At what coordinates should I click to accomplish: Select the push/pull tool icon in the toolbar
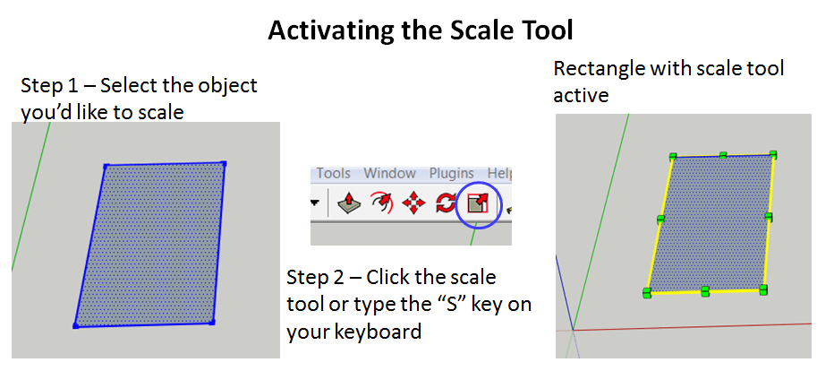click(349, 204)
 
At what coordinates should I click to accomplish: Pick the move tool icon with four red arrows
click(413, 204)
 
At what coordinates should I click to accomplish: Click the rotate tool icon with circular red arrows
click(445, 204)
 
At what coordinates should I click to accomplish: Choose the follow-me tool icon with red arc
click(381, 204)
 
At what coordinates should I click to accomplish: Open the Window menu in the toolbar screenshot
click(389, 173)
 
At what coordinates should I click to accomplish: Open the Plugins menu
click(451, 173)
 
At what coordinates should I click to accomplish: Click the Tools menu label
click(333, 173)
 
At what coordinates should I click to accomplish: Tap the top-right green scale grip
click(773, 154)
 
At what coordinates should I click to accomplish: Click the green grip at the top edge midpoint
click(723, 155)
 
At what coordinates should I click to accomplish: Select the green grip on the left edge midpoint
click(660, 219)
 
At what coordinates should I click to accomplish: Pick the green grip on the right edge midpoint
click(769, 217)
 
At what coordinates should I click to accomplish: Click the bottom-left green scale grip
click(646, 293)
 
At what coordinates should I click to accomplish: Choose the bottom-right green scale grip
click(763, 289)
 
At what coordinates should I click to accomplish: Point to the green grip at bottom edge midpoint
click(705, 290)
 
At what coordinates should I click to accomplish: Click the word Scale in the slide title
click(478, 30)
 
